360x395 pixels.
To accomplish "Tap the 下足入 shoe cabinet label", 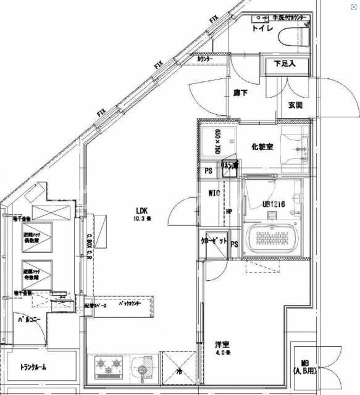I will click(285, 63).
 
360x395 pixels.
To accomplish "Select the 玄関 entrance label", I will click(295, 105).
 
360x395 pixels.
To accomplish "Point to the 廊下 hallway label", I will click(241, 94).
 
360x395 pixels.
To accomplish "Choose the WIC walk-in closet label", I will click(214, 193).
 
